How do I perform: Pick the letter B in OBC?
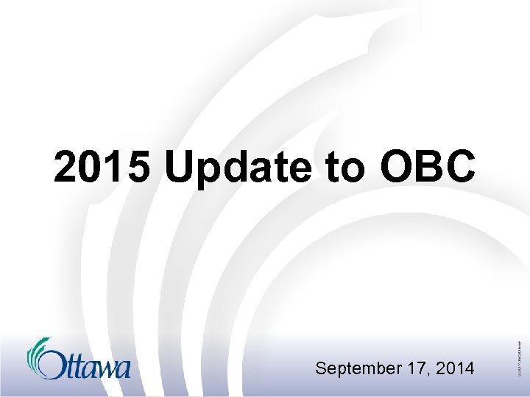pos(430,169)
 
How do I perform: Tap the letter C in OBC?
pos(461,169)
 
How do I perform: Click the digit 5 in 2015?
pos(137,169)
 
